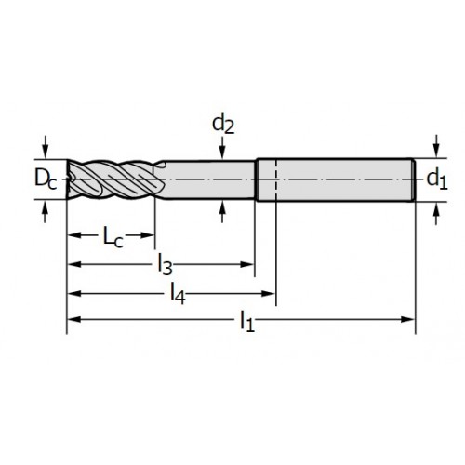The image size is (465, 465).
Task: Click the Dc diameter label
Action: coord(46,179)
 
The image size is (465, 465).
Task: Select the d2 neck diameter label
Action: coord(223,125)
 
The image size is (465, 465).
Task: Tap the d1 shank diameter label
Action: coord(437,179)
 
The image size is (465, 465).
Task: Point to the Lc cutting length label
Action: coord(113,237)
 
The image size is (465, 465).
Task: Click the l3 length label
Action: coord(165,265)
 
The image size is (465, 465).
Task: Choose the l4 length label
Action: coord(178,294)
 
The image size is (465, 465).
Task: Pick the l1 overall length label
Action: coord(247,322)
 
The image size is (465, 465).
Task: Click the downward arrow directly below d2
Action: coord(222,148)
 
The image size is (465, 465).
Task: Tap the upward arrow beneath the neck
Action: coord(222,211)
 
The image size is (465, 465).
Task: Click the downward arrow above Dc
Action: coord(46,147)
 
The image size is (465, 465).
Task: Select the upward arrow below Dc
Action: coord(46,212)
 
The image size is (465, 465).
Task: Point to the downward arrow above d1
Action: coord(436,146)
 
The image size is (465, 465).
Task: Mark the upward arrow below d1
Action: coord(436,213)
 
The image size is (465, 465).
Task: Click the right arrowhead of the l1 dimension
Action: coord(407,319)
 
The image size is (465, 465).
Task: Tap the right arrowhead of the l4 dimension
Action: coord(269,293)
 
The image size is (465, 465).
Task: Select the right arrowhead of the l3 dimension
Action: coord(247,264)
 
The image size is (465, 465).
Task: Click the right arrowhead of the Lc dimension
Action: coord(148,235)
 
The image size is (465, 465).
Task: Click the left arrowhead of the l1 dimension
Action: coord(74,319)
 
